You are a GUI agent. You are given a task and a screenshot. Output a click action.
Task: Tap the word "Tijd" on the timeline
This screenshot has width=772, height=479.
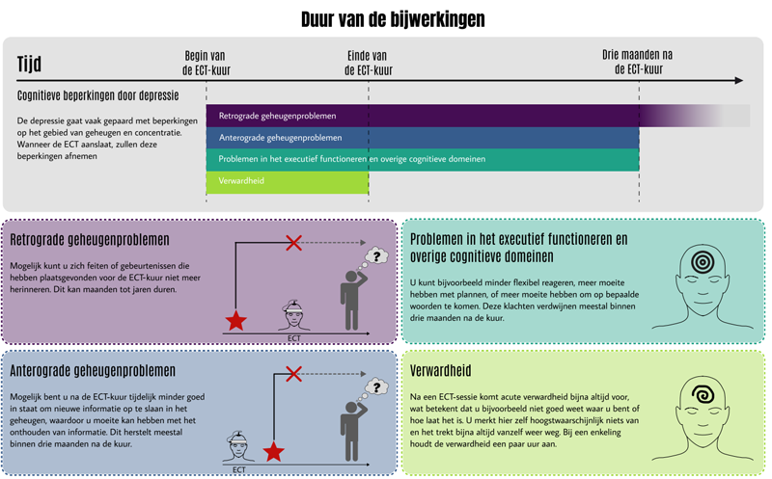click(x=30, y=66)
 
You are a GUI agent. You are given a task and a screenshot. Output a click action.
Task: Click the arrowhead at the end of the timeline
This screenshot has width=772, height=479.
click(x=737, y=80)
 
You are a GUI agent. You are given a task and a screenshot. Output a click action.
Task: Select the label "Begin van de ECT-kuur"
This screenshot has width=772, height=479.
click(x=206, y=63)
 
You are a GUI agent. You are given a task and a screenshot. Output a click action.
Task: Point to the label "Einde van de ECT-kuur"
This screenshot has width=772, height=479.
click(x=368, y=63)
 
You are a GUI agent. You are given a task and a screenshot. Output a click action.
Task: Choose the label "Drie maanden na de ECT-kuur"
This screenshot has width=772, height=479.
click(x=638, y=63)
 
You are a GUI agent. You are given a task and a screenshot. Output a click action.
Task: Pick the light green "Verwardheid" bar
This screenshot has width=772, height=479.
click(x=287, y=181)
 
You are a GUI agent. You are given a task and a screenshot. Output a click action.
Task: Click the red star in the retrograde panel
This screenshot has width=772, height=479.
click(x=235, y=321)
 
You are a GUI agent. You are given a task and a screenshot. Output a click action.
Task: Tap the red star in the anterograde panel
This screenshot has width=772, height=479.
click(x=274, y=451)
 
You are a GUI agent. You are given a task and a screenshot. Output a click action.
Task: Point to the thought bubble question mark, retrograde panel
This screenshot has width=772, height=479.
click(x=378, y=257)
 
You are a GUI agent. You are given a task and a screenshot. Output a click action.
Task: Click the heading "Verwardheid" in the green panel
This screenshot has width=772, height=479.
click(x=441, y=371)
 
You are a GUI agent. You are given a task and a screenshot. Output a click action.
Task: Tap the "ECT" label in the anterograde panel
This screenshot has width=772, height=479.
click(x=238, y=470)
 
